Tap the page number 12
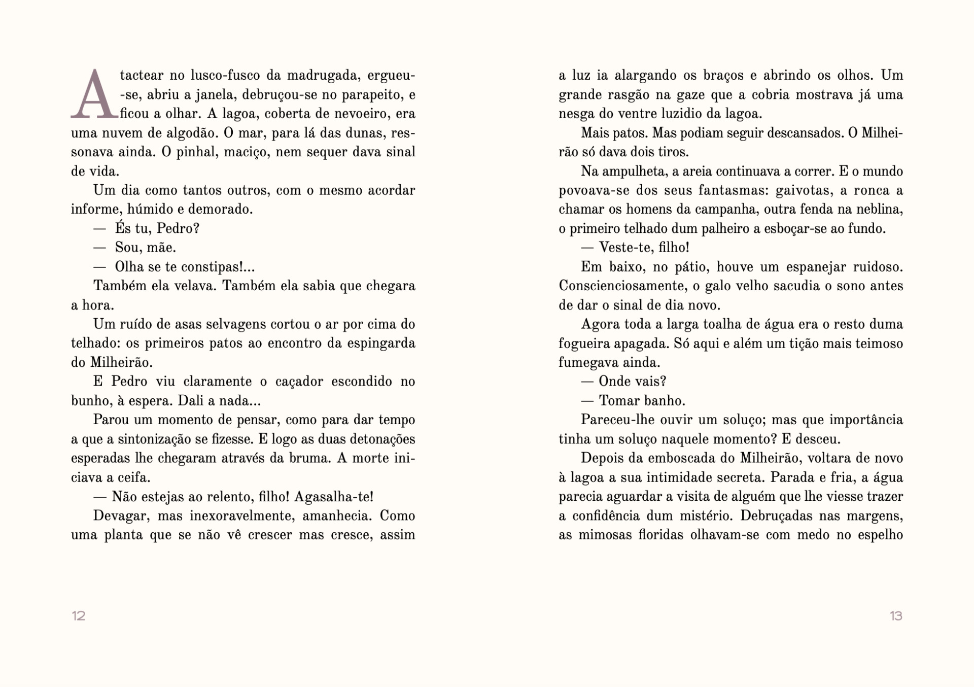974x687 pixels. (79, 616)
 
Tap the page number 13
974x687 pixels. (896, 616)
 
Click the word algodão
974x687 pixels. (189, 133)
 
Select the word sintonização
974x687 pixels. (158, 439)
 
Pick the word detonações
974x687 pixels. (379, 439)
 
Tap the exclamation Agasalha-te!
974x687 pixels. (333, 497)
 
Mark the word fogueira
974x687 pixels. (584, 343)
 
